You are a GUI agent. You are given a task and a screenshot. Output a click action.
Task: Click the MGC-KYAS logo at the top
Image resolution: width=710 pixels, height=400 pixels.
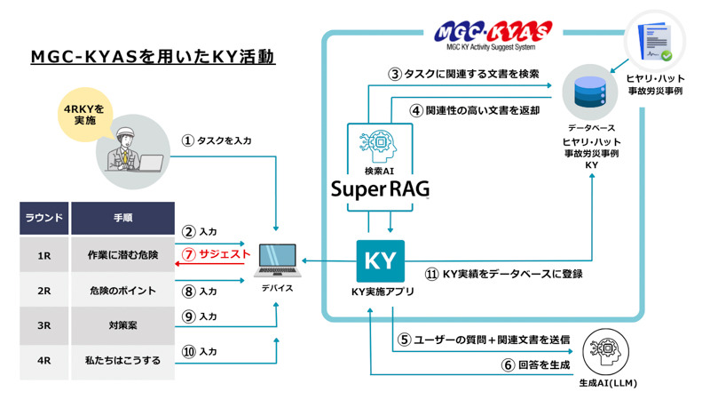click(493, 36)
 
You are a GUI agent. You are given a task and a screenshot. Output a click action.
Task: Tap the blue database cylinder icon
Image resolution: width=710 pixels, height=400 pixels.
click(589, 92)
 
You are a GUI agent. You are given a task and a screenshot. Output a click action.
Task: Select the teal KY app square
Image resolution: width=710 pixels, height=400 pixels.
click(381, 261)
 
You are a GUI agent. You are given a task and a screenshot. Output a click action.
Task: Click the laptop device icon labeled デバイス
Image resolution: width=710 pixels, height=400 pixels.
click(277, 260)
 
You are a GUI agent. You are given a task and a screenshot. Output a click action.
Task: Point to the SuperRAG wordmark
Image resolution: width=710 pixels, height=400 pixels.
click(381, 189)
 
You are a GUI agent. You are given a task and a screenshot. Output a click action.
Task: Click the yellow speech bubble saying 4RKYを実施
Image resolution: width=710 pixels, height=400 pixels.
click(85, 115)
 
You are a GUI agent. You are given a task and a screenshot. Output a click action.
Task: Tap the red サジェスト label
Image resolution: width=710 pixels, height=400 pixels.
click(225, 254)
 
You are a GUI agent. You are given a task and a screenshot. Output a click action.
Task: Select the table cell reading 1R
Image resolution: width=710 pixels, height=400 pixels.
click(43, 256)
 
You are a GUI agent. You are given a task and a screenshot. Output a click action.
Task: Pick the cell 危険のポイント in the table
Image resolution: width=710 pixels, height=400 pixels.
click(122, 291)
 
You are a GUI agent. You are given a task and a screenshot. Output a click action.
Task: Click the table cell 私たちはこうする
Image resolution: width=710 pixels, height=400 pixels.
click(122, 361)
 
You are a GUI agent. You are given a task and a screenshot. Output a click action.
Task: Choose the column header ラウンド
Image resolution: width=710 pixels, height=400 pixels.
click(43, 218)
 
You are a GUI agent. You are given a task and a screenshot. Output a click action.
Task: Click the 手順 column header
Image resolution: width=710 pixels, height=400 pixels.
click(122, 218)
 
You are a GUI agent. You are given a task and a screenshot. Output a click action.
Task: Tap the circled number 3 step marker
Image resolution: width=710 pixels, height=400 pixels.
click(395, 74)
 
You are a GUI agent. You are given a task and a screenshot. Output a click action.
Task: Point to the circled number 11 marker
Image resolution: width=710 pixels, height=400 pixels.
click(431, 274)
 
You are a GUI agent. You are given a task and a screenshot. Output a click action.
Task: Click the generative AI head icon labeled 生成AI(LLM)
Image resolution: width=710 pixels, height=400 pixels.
click(606, 352)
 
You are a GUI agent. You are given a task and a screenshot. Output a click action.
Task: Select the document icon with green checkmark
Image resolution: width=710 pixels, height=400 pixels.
click(655, 42)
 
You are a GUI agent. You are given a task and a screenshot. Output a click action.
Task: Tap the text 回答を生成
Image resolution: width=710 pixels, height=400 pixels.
click(544, 364)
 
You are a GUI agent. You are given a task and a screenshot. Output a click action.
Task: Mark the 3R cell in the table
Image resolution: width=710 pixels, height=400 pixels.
click(43, 325)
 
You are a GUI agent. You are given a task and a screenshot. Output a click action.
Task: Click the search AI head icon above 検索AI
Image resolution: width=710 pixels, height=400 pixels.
click(380, 147)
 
